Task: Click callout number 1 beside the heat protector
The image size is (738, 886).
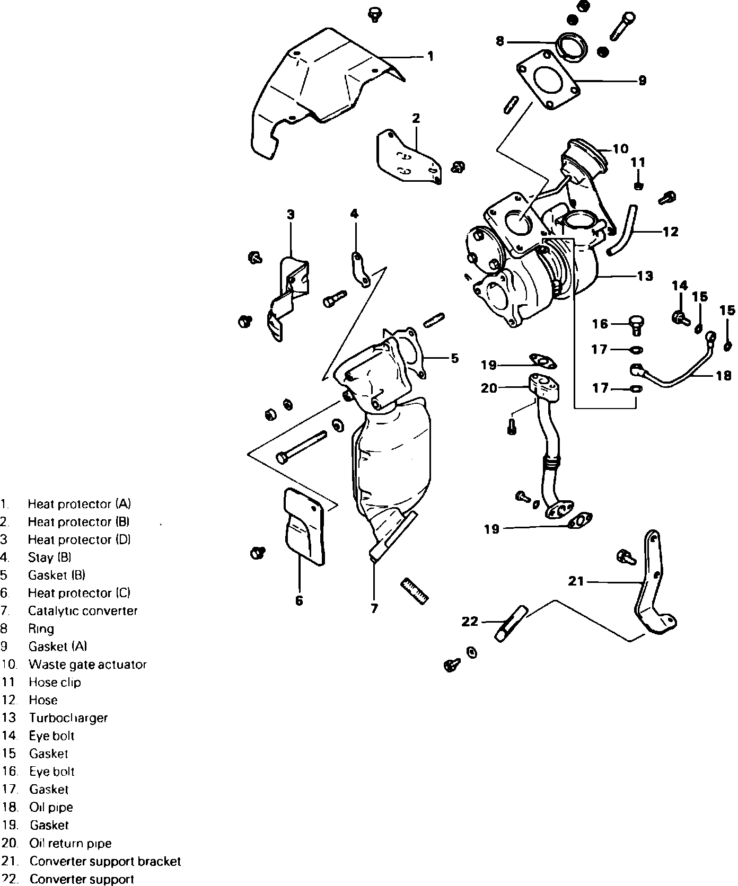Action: [x=430, y=56]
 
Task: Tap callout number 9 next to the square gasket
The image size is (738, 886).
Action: [x=642, y=81]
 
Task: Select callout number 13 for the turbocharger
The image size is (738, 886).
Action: [x=645, y=276]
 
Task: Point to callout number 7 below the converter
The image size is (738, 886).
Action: [x=374, y=608]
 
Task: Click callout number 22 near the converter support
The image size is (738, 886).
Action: [x=470, y=621]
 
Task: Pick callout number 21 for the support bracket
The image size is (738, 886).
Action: [x=576, y=581]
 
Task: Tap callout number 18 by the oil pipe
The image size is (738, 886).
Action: [x=723, y=376]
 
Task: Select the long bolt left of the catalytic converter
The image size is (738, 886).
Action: [x=301, y=447]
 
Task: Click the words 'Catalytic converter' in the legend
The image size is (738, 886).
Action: [x=83, y=611]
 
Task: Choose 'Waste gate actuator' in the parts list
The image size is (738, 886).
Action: [x=87, y=664]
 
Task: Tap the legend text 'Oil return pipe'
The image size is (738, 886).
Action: [x=71, y=843]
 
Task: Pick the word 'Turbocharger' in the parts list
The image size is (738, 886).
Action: [x=68, y=718]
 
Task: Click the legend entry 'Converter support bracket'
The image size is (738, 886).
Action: [x=105, y=861]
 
